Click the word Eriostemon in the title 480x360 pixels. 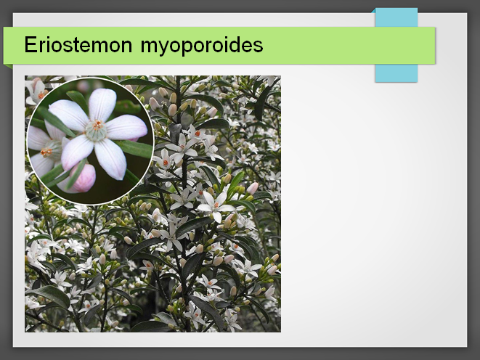[78, 45]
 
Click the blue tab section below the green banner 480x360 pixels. [396, 73]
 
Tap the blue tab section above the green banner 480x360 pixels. [396, 17]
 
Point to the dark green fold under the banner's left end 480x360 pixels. [9, 66]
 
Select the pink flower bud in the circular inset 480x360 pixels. [82, 179]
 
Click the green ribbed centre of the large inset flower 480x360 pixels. [96, 131]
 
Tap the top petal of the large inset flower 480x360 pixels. [102, 105]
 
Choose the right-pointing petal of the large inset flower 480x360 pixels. [127, 127]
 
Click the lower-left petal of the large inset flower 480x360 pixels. [76, 151]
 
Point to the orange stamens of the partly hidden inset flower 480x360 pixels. [46, 152]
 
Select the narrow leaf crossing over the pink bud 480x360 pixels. [76, 175]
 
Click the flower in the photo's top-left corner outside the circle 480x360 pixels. [36, 91]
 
